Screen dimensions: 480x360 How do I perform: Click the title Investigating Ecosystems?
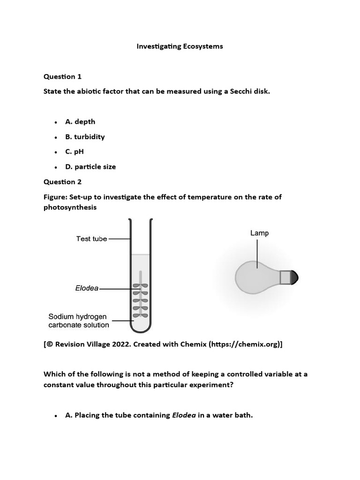point(180,46)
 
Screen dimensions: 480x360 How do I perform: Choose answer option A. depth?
point(80,121)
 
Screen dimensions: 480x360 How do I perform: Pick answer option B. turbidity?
point(85,136)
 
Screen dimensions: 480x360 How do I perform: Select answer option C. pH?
point(75,151)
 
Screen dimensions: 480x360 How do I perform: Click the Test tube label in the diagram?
point(91,239)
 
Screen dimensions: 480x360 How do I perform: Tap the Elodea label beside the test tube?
point(87,288)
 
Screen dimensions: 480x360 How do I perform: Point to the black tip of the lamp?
point(294,277)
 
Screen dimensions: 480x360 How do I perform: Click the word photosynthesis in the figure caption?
point(70,207)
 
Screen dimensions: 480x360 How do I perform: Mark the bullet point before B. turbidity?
point(56,137)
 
